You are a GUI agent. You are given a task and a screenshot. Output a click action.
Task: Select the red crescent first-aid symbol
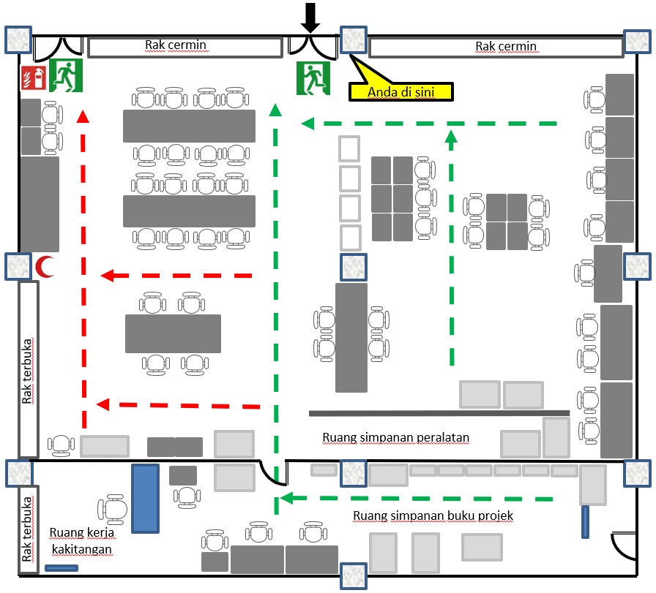(45, 267)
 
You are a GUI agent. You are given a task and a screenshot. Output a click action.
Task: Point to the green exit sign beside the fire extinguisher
(65, 76)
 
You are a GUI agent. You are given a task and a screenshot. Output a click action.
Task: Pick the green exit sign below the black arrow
(314, 78)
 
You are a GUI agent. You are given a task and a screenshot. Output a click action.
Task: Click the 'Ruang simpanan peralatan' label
(395, 438)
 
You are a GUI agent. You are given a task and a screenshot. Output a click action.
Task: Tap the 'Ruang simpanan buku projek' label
(433, 515)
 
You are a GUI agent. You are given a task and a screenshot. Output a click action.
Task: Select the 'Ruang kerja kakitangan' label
(83, 540)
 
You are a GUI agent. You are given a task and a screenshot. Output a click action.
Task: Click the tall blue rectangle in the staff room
(145, 499)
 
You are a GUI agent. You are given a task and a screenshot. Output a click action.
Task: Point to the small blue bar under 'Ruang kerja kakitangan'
(61, 568)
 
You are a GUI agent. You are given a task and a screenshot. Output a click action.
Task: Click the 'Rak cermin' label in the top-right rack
(506, 47)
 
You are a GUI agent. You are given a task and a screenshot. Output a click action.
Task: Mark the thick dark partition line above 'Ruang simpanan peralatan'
(439, 413)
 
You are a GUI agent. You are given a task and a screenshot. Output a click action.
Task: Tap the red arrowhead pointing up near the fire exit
(83, 116)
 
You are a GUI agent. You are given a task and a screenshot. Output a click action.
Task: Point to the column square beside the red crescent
(18, 266)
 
